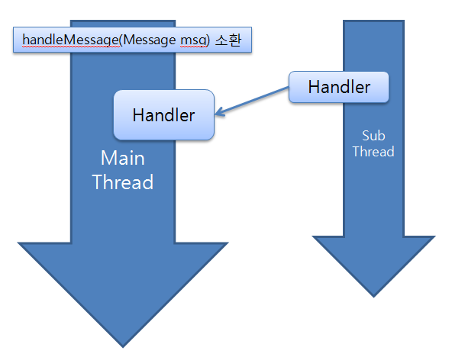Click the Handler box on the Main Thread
click(163, 115)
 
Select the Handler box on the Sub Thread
click(339, 87)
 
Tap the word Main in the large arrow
click(122, 158)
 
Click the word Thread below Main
click(123, 182)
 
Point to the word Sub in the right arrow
click(373, 136)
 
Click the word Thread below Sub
click(373, 152)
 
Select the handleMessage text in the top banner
click(70, 40)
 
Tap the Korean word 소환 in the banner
click(228, 40)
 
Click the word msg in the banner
click(193, 40)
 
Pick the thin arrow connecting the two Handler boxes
click(252, 101)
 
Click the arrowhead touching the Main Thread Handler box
click(218, 112)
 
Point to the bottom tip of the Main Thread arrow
click(123, 347)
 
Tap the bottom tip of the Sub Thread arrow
click(373, 297)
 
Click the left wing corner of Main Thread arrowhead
click(18, 243)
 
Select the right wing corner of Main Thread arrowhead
click(228, 243)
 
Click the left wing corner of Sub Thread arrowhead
click(312, 236)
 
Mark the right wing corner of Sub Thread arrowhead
click(435, 236)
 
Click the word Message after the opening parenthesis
click(150, 40)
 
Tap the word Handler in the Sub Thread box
click(339, 87)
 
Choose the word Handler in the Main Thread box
click(163, 115)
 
